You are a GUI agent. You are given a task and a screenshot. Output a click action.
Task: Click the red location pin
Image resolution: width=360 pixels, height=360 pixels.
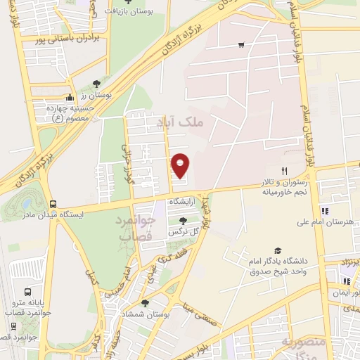[x=181, y=165]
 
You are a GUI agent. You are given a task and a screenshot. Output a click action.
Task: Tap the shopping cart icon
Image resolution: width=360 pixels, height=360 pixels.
[x=241, y=45]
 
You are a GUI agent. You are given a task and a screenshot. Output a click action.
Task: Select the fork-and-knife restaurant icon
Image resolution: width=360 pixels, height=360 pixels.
[x=285, y=171]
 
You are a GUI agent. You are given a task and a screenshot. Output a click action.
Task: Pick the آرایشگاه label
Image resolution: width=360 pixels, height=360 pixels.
[x=184, y=201]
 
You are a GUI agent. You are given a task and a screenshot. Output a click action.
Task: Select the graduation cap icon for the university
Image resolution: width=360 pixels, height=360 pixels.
[x=278, y=251]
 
